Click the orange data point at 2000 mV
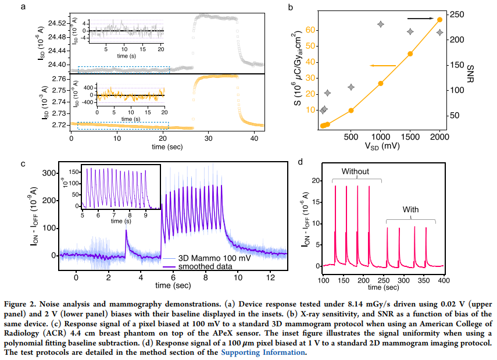tap(439, 19)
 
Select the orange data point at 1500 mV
tap(410, 54)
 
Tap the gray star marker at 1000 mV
tap(381, 24)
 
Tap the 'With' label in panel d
tap(410, 209)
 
